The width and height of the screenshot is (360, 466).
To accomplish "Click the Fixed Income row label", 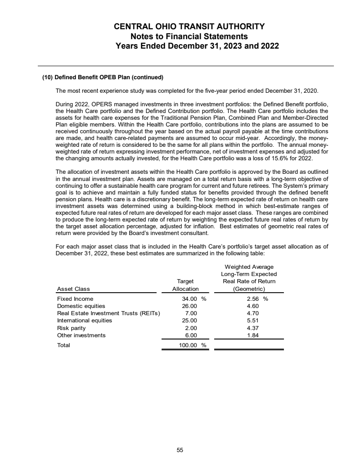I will point(75,299).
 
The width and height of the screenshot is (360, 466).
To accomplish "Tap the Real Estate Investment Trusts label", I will point(108,313).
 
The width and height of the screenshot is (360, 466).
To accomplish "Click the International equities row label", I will point(85,321).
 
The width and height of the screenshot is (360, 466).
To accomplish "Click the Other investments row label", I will point(81,335).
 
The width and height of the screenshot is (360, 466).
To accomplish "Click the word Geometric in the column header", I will point(249,289).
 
